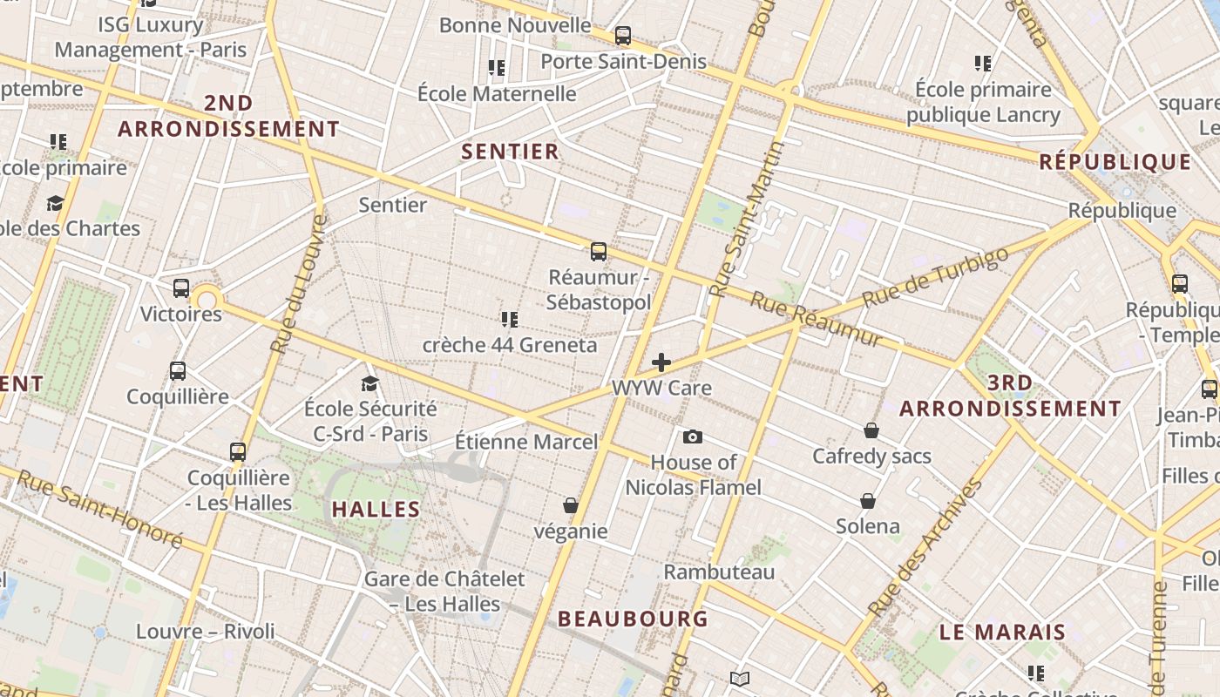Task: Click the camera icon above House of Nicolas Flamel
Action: [x=693, y=436]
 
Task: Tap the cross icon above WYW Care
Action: [x=661, y=362]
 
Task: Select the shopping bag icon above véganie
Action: [x=571, y=505]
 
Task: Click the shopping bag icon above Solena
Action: [x=868, y=501]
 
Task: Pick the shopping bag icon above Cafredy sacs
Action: [x=871, y=430]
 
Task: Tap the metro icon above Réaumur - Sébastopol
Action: [x=598, y=252]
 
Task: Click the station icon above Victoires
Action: [x=181, y=288]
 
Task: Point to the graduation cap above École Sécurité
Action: [x=370, y=383]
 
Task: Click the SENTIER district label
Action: [x=510, y=152]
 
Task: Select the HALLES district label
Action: [x=376, y=509]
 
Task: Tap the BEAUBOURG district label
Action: [x=633, y=619]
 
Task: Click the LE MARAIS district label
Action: [x=1002, y=632]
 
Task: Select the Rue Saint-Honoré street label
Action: [x=99, y=509]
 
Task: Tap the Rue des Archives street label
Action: [x=925, y=546]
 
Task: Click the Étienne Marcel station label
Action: [x=526, y=442]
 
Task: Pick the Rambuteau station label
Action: [x=719, y=572]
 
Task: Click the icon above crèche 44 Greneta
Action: [x=510, y=320]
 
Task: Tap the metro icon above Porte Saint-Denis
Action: [x=622, y=36]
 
